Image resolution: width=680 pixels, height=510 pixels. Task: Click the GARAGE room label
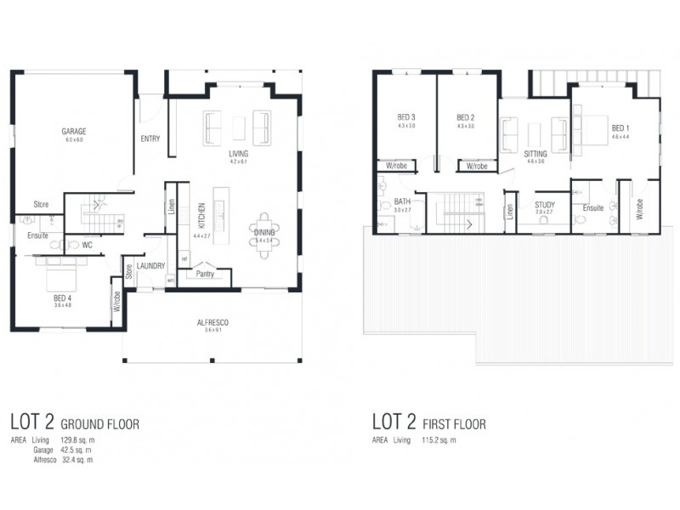coord(74,132)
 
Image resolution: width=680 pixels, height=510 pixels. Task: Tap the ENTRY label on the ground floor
coord(150,139)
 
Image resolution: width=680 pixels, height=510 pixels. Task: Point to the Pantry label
coord(204,274)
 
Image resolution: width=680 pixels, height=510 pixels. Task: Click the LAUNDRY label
coord(150,266)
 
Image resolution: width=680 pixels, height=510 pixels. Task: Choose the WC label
coord(88,246)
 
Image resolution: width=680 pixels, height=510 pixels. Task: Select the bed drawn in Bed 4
coord(57,274)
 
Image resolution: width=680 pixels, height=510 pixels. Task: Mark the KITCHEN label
coord(202,218)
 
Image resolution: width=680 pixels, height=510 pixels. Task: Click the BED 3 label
coord(406,117)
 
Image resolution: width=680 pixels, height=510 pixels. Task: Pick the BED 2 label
coord(465,117)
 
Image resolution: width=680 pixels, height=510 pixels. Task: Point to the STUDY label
coord(544,205)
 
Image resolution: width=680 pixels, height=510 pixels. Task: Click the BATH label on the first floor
coord(402,201)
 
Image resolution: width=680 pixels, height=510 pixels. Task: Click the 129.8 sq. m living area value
coord(75,440)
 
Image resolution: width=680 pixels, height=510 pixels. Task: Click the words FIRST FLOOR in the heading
coord(457,423)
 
